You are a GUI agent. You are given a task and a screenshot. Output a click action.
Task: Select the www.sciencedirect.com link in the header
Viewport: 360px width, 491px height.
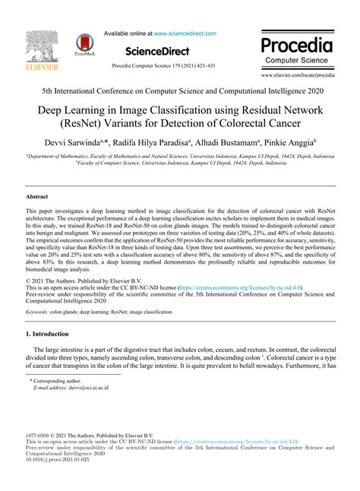pos(185,33)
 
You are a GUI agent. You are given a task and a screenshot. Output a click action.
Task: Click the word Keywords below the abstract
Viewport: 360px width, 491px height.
pos(39,312)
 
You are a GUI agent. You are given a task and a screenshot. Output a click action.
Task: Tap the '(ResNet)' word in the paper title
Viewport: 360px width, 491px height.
pos(90,122)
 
